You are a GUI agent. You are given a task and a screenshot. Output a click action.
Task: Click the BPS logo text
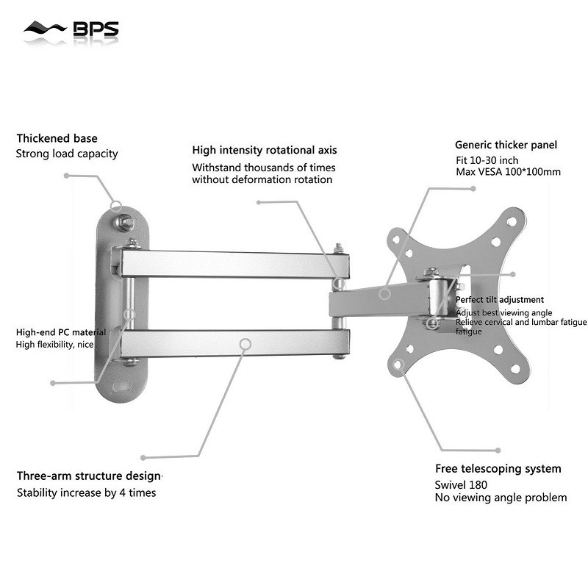(x=95, y=30)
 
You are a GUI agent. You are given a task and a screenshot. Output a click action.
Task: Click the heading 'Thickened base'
(x=57, y=138)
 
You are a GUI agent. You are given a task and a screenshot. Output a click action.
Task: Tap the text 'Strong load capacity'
(x=67, y=154)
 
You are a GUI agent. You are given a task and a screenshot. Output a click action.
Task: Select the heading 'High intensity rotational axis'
(x=265, y=150)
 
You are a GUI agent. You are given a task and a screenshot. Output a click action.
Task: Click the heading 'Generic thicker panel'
(x=506, y=145)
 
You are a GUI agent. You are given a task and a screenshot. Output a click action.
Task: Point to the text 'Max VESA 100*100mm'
(x=508, y=172)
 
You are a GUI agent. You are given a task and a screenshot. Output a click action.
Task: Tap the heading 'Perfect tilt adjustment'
(x=500, y=300)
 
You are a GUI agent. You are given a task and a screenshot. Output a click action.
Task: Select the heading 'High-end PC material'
(x=61, y=332)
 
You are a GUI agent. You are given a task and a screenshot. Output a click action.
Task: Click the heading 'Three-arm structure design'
(x=88, y=476)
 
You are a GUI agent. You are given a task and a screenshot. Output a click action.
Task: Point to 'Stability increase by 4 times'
(x=86, y=492)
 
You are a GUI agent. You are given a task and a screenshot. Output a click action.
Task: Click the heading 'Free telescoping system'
(x=498, y=468)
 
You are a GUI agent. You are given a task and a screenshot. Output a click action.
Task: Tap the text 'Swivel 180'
(x=462, y=484)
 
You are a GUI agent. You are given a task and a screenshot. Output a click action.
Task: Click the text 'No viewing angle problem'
(x=501, y=498)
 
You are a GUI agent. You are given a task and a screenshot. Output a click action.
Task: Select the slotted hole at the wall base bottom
(x=123, y=384)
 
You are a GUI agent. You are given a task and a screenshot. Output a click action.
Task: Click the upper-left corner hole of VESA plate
(x=396, y=238)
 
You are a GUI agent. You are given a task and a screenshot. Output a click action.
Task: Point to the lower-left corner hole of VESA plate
(x=398, y=363)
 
